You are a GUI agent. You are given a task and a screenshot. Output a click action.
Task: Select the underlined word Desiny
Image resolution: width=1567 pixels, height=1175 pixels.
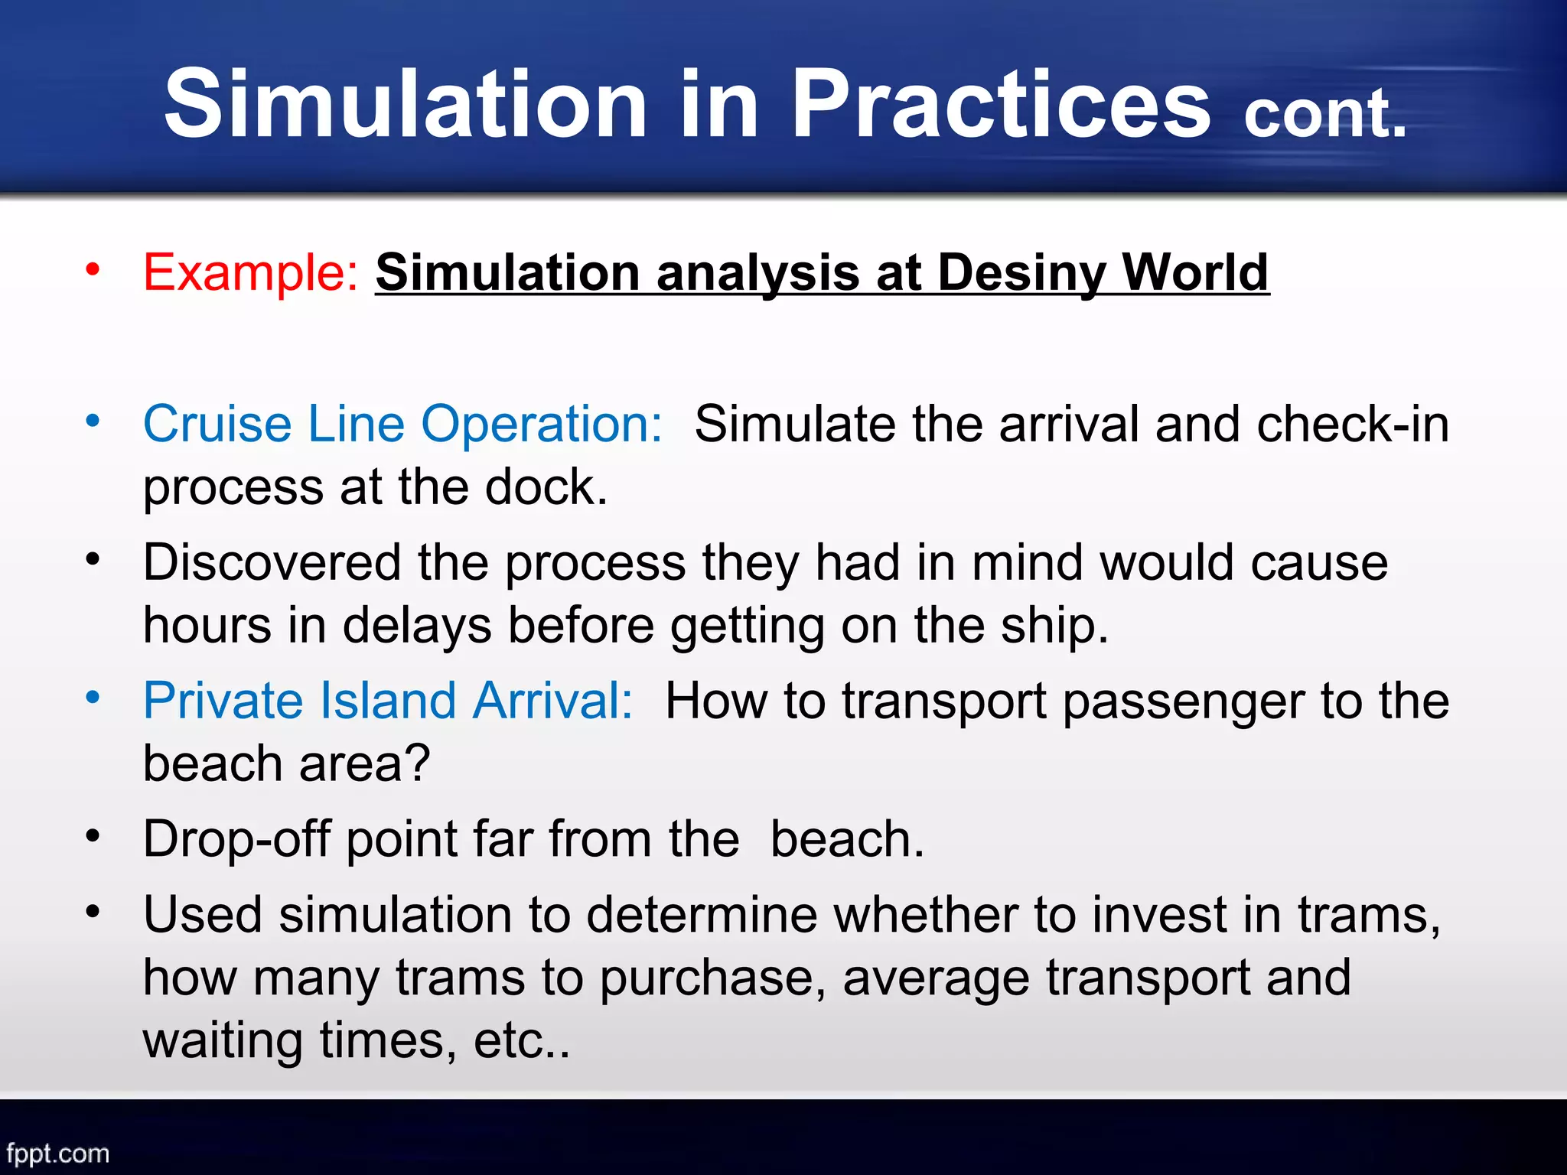[1021, 272]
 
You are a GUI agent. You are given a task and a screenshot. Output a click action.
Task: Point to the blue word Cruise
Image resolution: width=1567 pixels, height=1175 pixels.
[217, 423]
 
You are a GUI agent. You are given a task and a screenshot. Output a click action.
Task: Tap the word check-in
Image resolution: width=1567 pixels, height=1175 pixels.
[1352, 423]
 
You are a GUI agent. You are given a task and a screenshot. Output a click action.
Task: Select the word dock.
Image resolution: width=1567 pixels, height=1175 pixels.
[546, 487]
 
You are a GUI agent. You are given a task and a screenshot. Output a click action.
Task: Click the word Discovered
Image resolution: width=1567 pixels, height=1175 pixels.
[272, 562]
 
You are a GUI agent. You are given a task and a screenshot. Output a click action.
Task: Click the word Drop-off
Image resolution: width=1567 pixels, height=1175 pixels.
[236, 839]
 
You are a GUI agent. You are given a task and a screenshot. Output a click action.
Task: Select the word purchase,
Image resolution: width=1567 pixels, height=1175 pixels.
[712, 978]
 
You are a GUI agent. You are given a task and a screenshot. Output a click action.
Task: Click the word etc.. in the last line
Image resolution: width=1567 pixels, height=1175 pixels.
[521, 1040]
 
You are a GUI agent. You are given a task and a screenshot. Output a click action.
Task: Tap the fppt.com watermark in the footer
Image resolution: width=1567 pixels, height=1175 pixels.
[58, 1153]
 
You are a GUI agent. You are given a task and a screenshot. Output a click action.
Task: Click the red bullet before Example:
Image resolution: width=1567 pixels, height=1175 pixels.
[93, 269]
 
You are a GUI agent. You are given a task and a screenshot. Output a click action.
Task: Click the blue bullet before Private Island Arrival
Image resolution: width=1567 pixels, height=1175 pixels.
[93, 697]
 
